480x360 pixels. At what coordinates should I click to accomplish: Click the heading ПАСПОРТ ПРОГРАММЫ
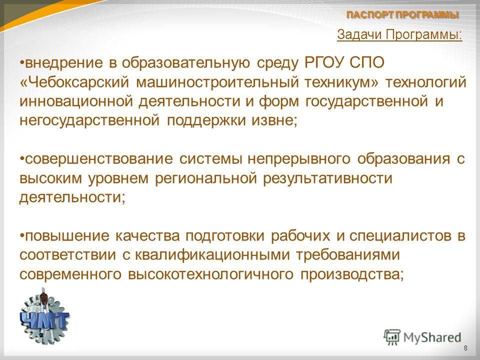(402, 15)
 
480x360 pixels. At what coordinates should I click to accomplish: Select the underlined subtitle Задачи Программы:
(399, 34)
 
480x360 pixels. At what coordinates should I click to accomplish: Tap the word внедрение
(63, 63)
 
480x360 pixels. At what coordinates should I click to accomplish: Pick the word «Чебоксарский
(74, 82)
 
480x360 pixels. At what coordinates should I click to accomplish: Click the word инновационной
(76, 101)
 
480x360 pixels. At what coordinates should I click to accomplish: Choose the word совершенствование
(98, 159)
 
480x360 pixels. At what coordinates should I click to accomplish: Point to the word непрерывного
(299, 159)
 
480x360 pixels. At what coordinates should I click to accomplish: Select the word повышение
(66, 236)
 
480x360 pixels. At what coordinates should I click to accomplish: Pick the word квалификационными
(212, 255)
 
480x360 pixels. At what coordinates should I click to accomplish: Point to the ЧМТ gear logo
(44, 316)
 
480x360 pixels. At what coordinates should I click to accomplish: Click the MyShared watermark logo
(422, 337)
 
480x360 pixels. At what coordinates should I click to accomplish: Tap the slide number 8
(465, 348)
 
